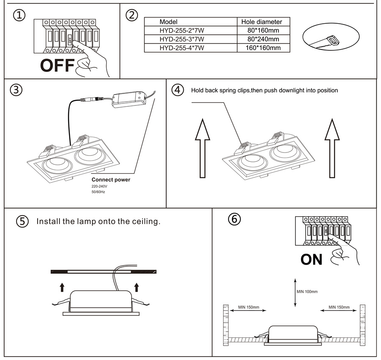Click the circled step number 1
tap(19, 16)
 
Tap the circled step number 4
tap(178, 90)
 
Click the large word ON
tap(312, 259)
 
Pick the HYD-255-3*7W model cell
tap(182, 39)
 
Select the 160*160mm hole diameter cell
tap(263, 47)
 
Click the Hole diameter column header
tap(261, 22)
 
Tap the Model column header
tap(168, 22)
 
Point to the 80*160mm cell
tap(263, 30)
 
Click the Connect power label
tap(111, 180)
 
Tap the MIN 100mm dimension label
tap(307, 291)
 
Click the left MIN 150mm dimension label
tap(248, 307)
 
